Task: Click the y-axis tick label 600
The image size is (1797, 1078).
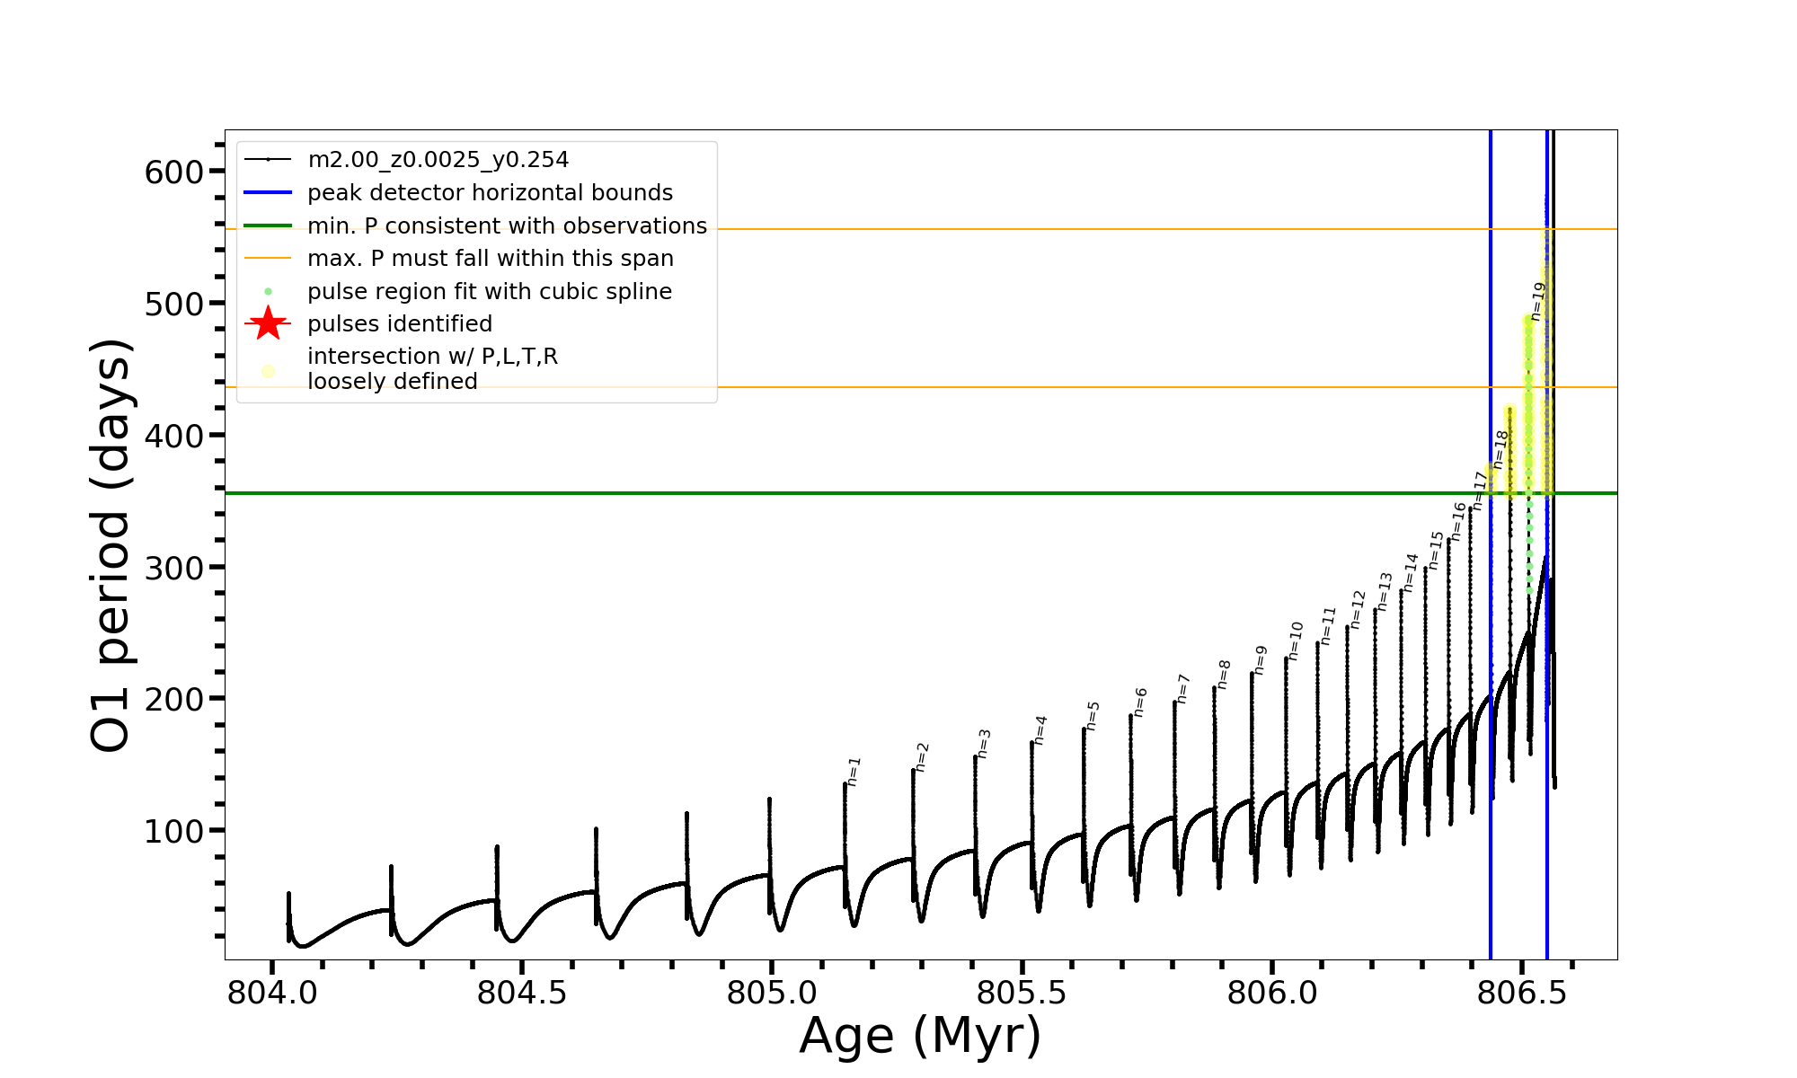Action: coord(174,172)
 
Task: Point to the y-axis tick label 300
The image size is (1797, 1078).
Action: coord(174,568)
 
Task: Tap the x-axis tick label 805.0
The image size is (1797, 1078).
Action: coord(771,994)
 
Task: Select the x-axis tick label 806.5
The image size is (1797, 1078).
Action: coord(1521,994)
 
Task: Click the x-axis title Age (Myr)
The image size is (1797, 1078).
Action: coord(920,1036)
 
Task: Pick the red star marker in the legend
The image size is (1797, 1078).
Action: coord(268,323)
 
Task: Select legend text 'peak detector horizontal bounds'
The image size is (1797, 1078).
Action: coord(490,193)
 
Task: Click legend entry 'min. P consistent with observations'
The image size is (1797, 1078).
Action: coord(507,225)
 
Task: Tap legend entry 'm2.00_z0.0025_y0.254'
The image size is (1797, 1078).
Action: coord(438,160)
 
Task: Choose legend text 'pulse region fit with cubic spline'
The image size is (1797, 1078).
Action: coord(489,292)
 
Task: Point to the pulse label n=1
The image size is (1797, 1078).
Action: coord(854,772)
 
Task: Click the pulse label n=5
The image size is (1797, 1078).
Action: coord(1093,716)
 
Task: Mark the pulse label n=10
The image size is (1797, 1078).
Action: coord(1295,641)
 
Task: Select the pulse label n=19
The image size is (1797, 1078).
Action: coord(1537,301)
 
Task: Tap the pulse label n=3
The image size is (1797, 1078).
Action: coord(984,744)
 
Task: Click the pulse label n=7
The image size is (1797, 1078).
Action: coord(1182,689)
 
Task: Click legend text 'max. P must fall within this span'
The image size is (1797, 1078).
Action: coord(490,259)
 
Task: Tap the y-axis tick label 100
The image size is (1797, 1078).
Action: coord(174,832)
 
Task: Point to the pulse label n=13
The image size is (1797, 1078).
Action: coord(1385,592)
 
